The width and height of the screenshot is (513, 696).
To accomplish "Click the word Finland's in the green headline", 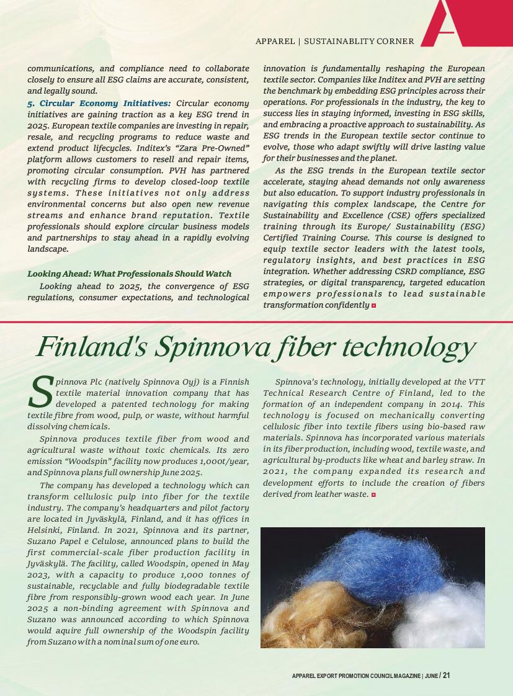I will pyautogui.click(x=91, y=347).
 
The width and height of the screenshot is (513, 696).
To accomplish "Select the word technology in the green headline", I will pyautogui.click(x=406, y=347).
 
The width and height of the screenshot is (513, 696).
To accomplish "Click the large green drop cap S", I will pyautogui.click(x=40, y=392).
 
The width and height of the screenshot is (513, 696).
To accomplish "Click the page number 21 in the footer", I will pyautogui.click(x=446, y=676).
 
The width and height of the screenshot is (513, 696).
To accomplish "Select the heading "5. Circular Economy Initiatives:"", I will pyautogui.click(x=99, y=103).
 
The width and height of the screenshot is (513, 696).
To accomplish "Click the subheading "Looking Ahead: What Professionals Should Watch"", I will pyautogui.click(x=129, y=274).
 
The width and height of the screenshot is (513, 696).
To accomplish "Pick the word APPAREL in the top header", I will pyautogui.click(x=275, y=42).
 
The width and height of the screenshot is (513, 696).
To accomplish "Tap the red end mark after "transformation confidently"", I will pyautogui.click(x=374, y=305).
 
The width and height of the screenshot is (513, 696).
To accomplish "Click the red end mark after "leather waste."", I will pyautogui.click(x=373, y=494).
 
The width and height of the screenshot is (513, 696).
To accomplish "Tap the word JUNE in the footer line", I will pyautogui.click(x=431, y=676).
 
